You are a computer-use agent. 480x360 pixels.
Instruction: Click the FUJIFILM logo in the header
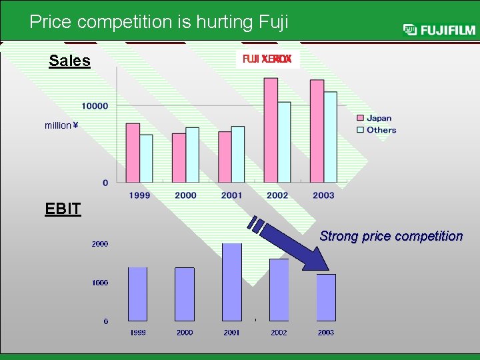pyautogui.click(x=439, y=29)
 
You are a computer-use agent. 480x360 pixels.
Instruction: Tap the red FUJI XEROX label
pyautogui.click(x=267, y=59)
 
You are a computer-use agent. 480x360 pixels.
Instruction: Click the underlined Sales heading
pyautogui.click(x=69, y=61)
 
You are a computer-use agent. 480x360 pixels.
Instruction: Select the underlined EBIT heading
pyautogui.click(x=63, y=209)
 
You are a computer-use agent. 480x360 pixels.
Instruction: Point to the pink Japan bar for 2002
pyautogui.click(x=271, y=130)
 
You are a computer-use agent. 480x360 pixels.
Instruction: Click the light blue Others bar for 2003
pyautogui.click(x=330, y=137)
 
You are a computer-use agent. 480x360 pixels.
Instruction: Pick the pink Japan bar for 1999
pyautogui.click(x=133, y=153)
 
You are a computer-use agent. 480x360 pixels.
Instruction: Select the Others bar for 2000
pyautogui.click(x=192, y=155)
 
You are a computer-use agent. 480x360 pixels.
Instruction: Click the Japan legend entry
pyautogui.click(x=378, y=118)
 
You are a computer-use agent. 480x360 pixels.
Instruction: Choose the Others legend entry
pyautogui.click(x=380, y=130)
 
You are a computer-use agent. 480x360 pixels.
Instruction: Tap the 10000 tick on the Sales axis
pyautogui.click(x=95, y=106)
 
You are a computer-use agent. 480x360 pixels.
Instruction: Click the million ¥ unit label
pyautogui.click(x=61, y=125)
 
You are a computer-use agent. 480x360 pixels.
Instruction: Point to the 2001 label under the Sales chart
pyautogui.click(x=231, y=195)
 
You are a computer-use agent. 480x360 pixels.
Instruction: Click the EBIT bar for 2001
pyautogui.click(x=232, y=282)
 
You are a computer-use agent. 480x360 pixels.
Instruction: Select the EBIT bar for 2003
pyautogui.click(x=326, y=297)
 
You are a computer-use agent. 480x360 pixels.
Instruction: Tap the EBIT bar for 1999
pyautogui.click(x=137, y=294)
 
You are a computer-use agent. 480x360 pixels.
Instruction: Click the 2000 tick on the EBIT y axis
pyautogui.click(x=100, y=244)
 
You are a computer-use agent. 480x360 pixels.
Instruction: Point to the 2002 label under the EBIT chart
pyautogui.click(x=279, y=332)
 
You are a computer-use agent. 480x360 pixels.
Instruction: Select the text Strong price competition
pyautogui.click(x=391, y=236)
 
